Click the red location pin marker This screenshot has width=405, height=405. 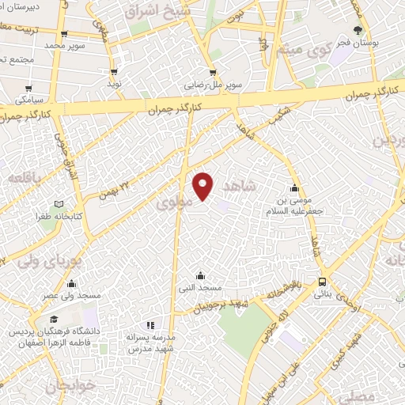[204, 185]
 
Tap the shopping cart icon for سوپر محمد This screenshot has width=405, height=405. [64, 34]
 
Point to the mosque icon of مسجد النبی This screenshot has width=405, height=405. [199, 275]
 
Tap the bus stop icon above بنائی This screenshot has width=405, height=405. [323, 282]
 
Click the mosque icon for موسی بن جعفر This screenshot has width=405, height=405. [294, 188]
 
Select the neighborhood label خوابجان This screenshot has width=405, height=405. [59, 387]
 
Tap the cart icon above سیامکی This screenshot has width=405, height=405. [29, 89]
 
